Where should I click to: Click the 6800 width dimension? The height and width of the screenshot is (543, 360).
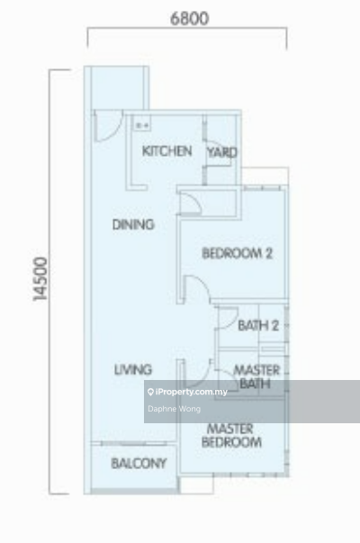click(189, 18)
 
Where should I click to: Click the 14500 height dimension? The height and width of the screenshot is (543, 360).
click(40, 279)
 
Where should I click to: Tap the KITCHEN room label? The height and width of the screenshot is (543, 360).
click(166, 151)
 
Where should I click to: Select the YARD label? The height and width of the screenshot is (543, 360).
click(222, 152)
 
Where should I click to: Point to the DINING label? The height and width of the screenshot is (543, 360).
click(133, 225)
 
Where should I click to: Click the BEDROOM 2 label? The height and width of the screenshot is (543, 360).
click(237, 254)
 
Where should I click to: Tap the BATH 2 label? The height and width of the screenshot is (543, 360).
click(258, 325)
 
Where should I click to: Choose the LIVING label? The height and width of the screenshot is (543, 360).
click(133, 370)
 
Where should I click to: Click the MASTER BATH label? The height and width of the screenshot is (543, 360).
click(256, 376)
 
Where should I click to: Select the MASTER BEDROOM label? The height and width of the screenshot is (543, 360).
click(231, 436)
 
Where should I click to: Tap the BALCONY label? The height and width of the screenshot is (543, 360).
click(139, 464)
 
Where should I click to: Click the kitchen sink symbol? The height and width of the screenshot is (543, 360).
click(142, 124)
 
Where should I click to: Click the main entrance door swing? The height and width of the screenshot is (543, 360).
click(108, 126)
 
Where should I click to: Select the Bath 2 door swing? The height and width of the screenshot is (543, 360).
click(227, 318)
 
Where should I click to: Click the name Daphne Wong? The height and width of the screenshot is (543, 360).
click(174, 409)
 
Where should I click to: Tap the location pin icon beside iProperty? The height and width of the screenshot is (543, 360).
click(150, 392)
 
